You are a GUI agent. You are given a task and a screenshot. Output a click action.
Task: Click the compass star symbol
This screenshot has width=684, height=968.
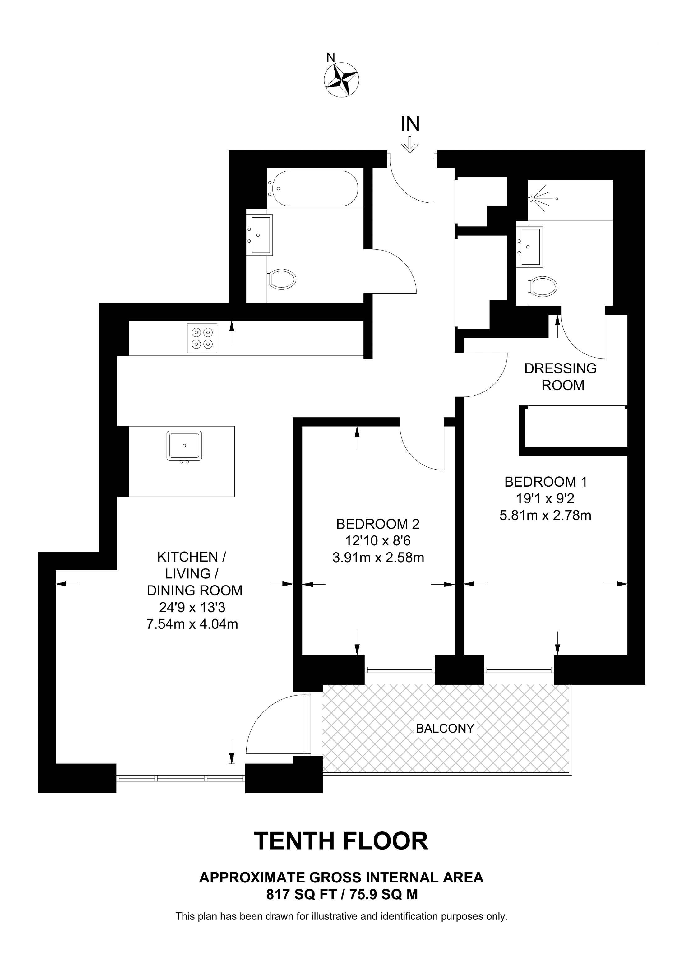click(341, 80)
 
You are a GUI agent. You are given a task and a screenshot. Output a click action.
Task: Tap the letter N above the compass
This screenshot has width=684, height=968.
click(331, 57)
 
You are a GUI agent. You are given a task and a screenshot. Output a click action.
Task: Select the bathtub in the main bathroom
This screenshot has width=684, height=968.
click(315, 188)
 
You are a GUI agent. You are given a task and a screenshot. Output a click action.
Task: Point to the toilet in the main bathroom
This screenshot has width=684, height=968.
click(282, 279)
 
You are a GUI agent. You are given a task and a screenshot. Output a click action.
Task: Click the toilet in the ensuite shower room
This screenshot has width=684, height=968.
click(543, 287)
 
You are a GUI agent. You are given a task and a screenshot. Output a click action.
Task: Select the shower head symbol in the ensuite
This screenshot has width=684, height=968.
click(542, 197)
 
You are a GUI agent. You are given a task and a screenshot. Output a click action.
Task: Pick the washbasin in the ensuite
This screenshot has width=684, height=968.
click(530, 247)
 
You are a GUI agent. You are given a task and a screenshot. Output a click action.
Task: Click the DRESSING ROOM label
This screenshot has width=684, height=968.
click(561, 377)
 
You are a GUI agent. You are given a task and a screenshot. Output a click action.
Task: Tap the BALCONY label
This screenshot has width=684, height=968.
click(445, 728)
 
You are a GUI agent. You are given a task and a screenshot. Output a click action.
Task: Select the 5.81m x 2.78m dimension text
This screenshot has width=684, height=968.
click(546, 515)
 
